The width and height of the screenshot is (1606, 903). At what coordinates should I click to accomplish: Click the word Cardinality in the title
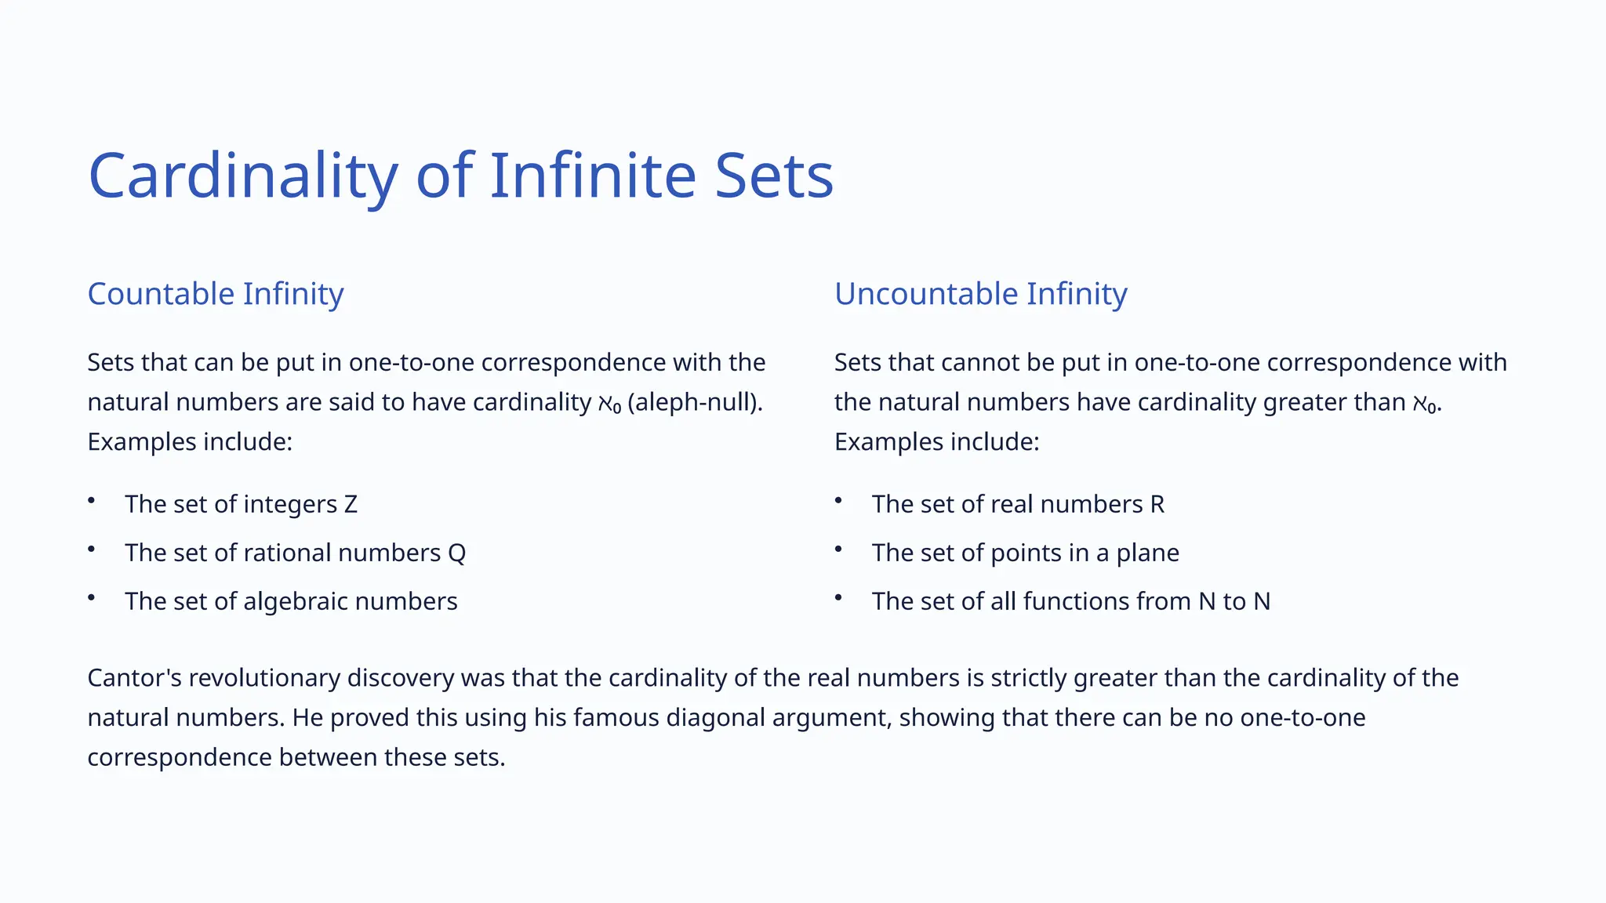point(243,176)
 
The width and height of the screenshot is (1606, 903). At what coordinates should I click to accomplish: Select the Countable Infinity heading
point(216,294)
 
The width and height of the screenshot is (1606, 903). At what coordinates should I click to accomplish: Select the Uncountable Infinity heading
point(980,294)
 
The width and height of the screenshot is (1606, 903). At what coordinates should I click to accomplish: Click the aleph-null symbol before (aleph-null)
point(609,404)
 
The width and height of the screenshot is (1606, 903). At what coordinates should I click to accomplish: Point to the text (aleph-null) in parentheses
point(695,402)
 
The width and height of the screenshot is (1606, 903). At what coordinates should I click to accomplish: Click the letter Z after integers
point(351,504)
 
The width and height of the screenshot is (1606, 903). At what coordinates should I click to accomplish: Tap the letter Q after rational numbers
point(456,553)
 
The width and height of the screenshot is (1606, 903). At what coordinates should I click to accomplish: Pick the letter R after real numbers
point(1157,504)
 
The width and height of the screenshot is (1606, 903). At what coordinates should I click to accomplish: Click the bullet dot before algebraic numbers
point(92,597)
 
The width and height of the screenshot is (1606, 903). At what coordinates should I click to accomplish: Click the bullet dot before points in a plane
point(838,549)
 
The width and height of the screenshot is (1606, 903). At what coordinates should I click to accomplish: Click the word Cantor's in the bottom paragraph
point(134,677)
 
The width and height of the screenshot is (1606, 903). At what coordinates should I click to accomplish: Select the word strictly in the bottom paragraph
point(1028,677)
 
